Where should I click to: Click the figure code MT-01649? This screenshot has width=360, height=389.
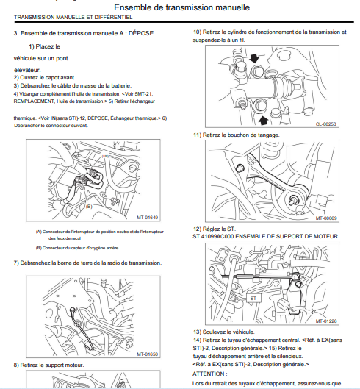147,218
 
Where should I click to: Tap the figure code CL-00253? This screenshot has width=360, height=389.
325,124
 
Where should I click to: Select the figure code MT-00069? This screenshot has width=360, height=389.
326,218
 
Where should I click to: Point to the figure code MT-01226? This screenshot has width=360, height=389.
326,321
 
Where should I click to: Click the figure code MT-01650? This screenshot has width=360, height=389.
147,354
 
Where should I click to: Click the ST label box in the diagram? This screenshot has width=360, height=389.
253,298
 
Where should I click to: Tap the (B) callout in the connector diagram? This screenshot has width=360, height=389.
89,206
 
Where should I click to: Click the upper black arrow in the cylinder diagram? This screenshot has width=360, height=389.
254,59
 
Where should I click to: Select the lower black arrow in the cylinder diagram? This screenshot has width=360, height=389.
263,121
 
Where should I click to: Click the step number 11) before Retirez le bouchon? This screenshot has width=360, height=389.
197,135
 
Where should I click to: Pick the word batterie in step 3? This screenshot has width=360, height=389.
121,85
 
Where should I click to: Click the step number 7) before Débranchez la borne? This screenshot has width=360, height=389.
16,263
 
